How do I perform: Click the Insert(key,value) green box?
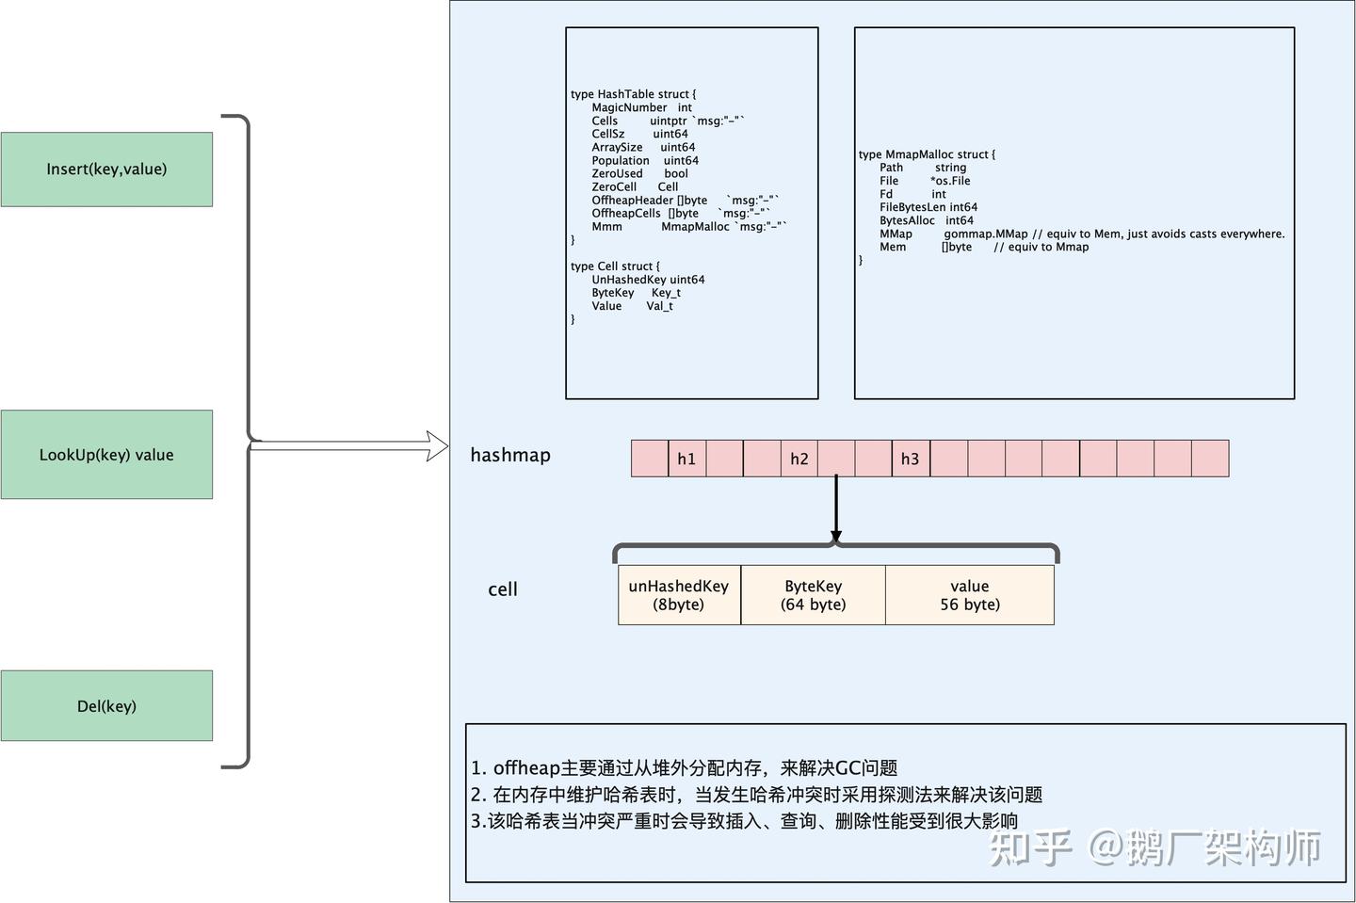[106, 169]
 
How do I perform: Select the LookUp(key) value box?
[106, 455]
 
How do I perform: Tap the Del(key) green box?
[106, 706]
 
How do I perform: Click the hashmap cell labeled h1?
[686, 459]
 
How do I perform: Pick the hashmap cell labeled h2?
[799, 459]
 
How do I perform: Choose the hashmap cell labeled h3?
[910, 459]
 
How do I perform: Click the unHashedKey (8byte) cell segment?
[679, 595]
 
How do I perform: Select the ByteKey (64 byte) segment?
[813, 595]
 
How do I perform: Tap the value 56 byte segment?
[969, 595]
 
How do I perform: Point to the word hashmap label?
[510, 455]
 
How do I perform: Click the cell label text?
[503, 589]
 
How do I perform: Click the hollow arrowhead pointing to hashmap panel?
[437, 446]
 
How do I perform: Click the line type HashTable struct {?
[634, 94]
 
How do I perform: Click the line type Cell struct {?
[615, 266]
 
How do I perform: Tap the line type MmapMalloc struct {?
[927, 154]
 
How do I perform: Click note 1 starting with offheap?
[685, 767]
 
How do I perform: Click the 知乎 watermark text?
[1030, 848]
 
